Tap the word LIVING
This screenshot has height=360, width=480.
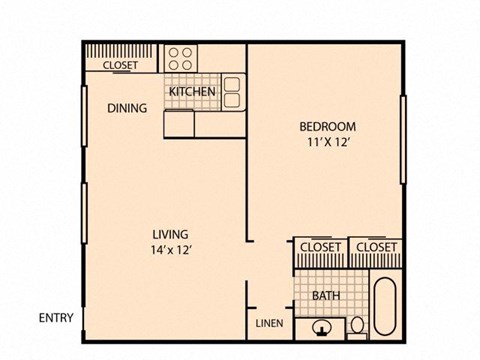click(x=168, y=234)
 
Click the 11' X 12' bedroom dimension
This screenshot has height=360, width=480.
click(x=327, y=142)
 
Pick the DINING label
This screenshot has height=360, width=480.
click(x=128, y=108)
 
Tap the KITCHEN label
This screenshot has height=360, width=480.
click(x=193, y=92)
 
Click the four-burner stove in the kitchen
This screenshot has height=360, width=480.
click(x=180, y=57)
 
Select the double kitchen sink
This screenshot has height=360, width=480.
click(x=232, y=91)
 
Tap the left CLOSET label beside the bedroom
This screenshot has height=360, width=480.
click(x=320, y=247)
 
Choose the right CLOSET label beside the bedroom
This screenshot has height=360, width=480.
click(x=376, y=247)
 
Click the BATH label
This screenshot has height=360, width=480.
click(x=326, y=296)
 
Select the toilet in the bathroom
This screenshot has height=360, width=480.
click(x=357, y=324)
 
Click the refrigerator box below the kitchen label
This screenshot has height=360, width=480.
click(x=180, y=123)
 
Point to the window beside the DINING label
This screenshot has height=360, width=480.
click(x=84, y=107)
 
